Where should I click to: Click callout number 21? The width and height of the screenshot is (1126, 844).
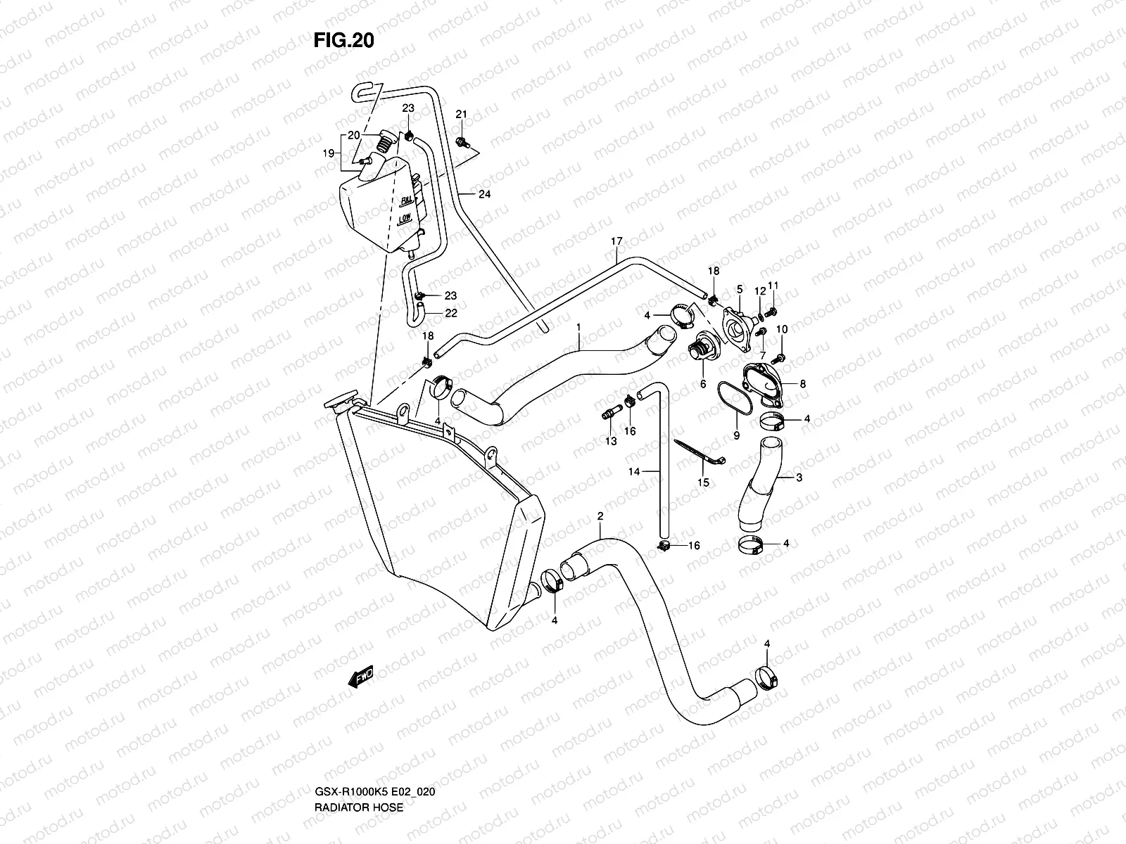[462, 115]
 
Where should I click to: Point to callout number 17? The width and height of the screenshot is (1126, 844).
[616, 242]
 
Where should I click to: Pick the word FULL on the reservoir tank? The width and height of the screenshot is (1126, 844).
[406, 201]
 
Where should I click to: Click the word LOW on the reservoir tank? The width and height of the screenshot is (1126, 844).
[404, 219]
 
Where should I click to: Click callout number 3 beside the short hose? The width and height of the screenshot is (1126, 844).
[799, 478]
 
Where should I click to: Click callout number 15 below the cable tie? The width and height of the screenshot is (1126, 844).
[703, 482]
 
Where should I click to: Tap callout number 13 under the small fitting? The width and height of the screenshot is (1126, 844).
[610, 441]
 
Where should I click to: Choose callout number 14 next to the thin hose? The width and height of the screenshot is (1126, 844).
[634, 473]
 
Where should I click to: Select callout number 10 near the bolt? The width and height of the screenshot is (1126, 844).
[782, 329]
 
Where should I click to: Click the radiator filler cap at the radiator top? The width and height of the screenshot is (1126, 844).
[339, 403]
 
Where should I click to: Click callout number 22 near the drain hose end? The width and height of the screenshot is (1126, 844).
[451, 313]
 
